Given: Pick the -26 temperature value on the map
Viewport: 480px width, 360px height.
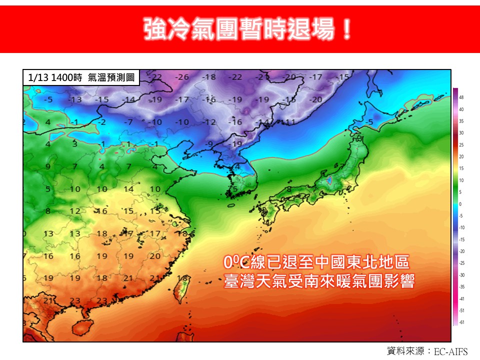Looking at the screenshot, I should (x=183, y=77).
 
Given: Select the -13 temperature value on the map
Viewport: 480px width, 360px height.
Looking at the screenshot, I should (x=75, y=99).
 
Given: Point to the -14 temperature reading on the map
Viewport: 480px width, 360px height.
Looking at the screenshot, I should (x=129, y=99).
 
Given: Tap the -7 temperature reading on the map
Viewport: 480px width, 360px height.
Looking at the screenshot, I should (x=129, y=122).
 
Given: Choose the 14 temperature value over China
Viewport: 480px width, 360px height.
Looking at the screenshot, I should (x=129, y=189).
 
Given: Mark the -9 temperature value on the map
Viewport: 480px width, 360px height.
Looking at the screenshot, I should (x=210, y=144).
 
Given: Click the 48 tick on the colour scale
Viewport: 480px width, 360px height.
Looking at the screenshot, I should (x=461, y=97).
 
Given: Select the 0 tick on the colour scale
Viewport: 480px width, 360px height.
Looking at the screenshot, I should (x=461, y=204).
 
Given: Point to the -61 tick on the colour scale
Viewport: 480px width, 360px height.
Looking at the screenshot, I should (x=461, y=322).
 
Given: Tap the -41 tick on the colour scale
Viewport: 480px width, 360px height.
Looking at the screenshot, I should (x=461, y=298).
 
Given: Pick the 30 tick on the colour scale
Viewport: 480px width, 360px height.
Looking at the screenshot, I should (x=461, y=132).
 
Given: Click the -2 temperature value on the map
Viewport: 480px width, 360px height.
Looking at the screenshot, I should (x=102, y=122).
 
